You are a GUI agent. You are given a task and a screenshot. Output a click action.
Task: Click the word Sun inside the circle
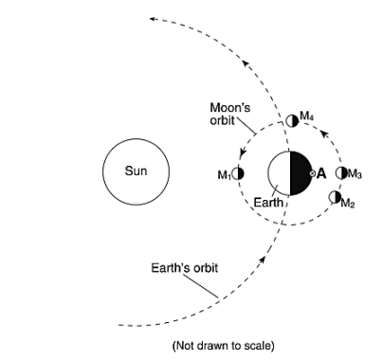[x=136, y=171]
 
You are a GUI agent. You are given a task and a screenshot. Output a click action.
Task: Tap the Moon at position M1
[x=238, y=173]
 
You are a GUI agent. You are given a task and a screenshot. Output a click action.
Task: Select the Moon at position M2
[x=335, y=197]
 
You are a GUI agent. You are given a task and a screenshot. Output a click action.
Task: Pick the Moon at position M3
[x=341, y=173]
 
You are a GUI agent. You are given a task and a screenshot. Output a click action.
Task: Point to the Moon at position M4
[x=292, y=121]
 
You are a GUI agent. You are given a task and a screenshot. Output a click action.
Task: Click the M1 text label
[x=225, y=175]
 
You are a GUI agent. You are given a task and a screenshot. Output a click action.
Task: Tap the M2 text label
[x=348, y=203]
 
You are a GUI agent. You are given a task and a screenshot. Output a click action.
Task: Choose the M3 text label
[x=355, y=173]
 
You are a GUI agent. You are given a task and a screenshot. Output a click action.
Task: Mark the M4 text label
[x=306, y=117]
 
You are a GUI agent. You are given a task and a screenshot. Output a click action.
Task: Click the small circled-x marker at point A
[x=312, y=173]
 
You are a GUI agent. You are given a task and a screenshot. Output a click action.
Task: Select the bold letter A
[x=320, y=173]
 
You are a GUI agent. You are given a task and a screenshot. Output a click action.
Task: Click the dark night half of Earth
[x=301, y=173]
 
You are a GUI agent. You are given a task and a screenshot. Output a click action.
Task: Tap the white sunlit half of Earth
[x=279, y=173]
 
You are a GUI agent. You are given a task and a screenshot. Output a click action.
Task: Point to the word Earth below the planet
[x=268, y=203]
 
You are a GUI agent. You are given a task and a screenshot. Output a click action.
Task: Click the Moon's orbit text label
[x=230, y=114]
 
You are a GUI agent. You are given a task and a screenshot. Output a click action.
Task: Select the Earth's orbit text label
[x=185, y=268]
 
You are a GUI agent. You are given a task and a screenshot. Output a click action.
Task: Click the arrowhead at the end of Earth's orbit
[x=152, y=19]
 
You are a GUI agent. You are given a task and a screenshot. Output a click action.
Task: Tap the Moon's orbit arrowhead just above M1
[x=243, y=153]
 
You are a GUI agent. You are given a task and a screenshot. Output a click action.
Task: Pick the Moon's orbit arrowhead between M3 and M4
[x=324, y=135]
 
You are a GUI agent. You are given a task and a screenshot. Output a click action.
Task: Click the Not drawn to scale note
[x=224, y=346]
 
